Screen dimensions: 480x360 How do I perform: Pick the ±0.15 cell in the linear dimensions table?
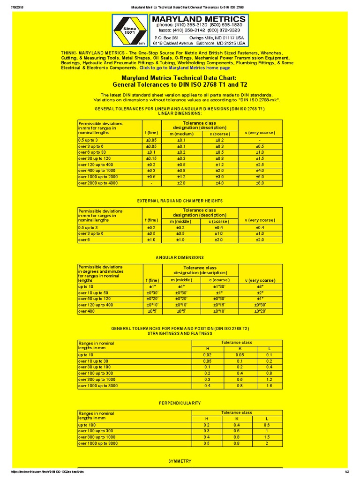tap(151, 158)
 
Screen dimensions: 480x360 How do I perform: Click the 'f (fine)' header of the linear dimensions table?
tap(151, 133)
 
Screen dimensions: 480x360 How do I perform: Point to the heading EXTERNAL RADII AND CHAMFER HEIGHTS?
tap(180, 201)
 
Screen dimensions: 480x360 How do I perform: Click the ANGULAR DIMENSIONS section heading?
tap(180, 257)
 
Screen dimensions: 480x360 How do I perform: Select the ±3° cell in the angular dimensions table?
tap(261, 286)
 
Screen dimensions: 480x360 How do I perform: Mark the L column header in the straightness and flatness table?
tap(269, 348)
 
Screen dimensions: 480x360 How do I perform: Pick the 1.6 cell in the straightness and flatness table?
tap(269, 385)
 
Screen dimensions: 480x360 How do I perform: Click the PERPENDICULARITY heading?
tap(180, 403)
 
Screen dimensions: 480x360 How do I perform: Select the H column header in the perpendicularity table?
tap(206, 418)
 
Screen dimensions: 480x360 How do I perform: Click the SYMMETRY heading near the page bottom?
tap(180, 461)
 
